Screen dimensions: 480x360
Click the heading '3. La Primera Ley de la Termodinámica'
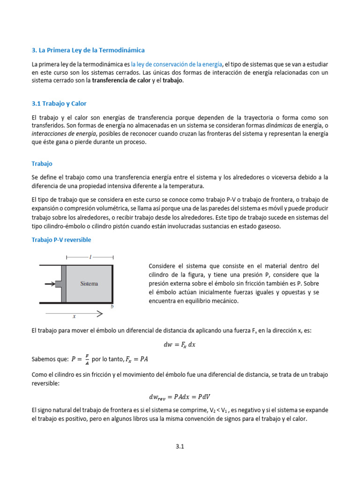pyautogui.click(x=88, y=50)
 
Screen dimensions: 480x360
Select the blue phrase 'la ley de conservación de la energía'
pyautogui.click(x=176, y=64)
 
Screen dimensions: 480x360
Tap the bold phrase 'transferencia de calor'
pyautogui.click(x=121, y=80)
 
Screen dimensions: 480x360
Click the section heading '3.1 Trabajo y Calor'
pyautogui.click(x=59, y=103)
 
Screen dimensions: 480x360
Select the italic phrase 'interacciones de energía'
pyautogui.click(x=64, y=134)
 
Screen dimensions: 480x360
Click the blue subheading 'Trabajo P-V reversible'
pyautogui.click(x=61, y=240)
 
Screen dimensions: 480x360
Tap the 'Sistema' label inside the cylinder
pyautogui.click(x=89, y=284)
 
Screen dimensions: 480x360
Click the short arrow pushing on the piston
pyautogui.click(x=49, y=284)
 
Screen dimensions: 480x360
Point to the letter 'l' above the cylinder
pyautogui.click(x=90, y=257)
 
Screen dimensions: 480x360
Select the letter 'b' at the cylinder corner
pyautogui.click(x=112, y=307)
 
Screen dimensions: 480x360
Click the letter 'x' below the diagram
pyautogui.click(x=74, y=316)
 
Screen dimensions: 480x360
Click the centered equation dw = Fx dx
pyautogui.click(x=180, y=344)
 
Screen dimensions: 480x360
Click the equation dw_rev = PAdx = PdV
pyautogui.click(x=180, y=396)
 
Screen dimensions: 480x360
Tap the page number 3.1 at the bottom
pyautogui.click(x=180, y=447)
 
